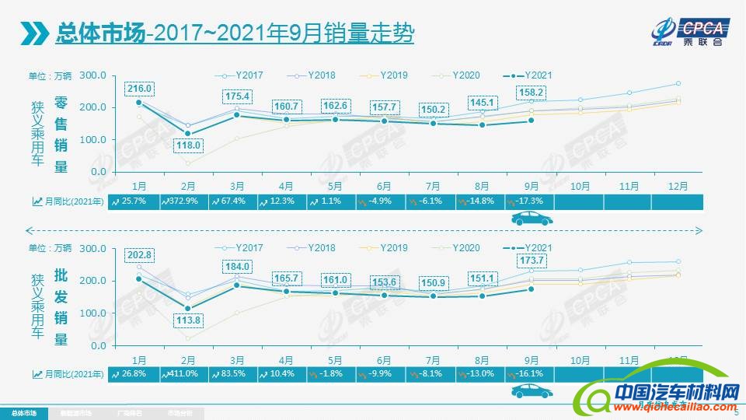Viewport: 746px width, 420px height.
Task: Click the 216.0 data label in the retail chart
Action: pos(140,89)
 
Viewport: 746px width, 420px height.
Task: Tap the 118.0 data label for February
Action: pos(189,145)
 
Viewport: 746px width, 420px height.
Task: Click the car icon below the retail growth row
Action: pos(531,220)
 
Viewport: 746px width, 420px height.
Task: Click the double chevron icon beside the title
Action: pos(34,34)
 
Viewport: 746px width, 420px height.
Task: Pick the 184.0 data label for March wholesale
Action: pos(238,267)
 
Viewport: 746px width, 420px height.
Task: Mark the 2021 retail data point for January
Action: pos(139,103)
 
